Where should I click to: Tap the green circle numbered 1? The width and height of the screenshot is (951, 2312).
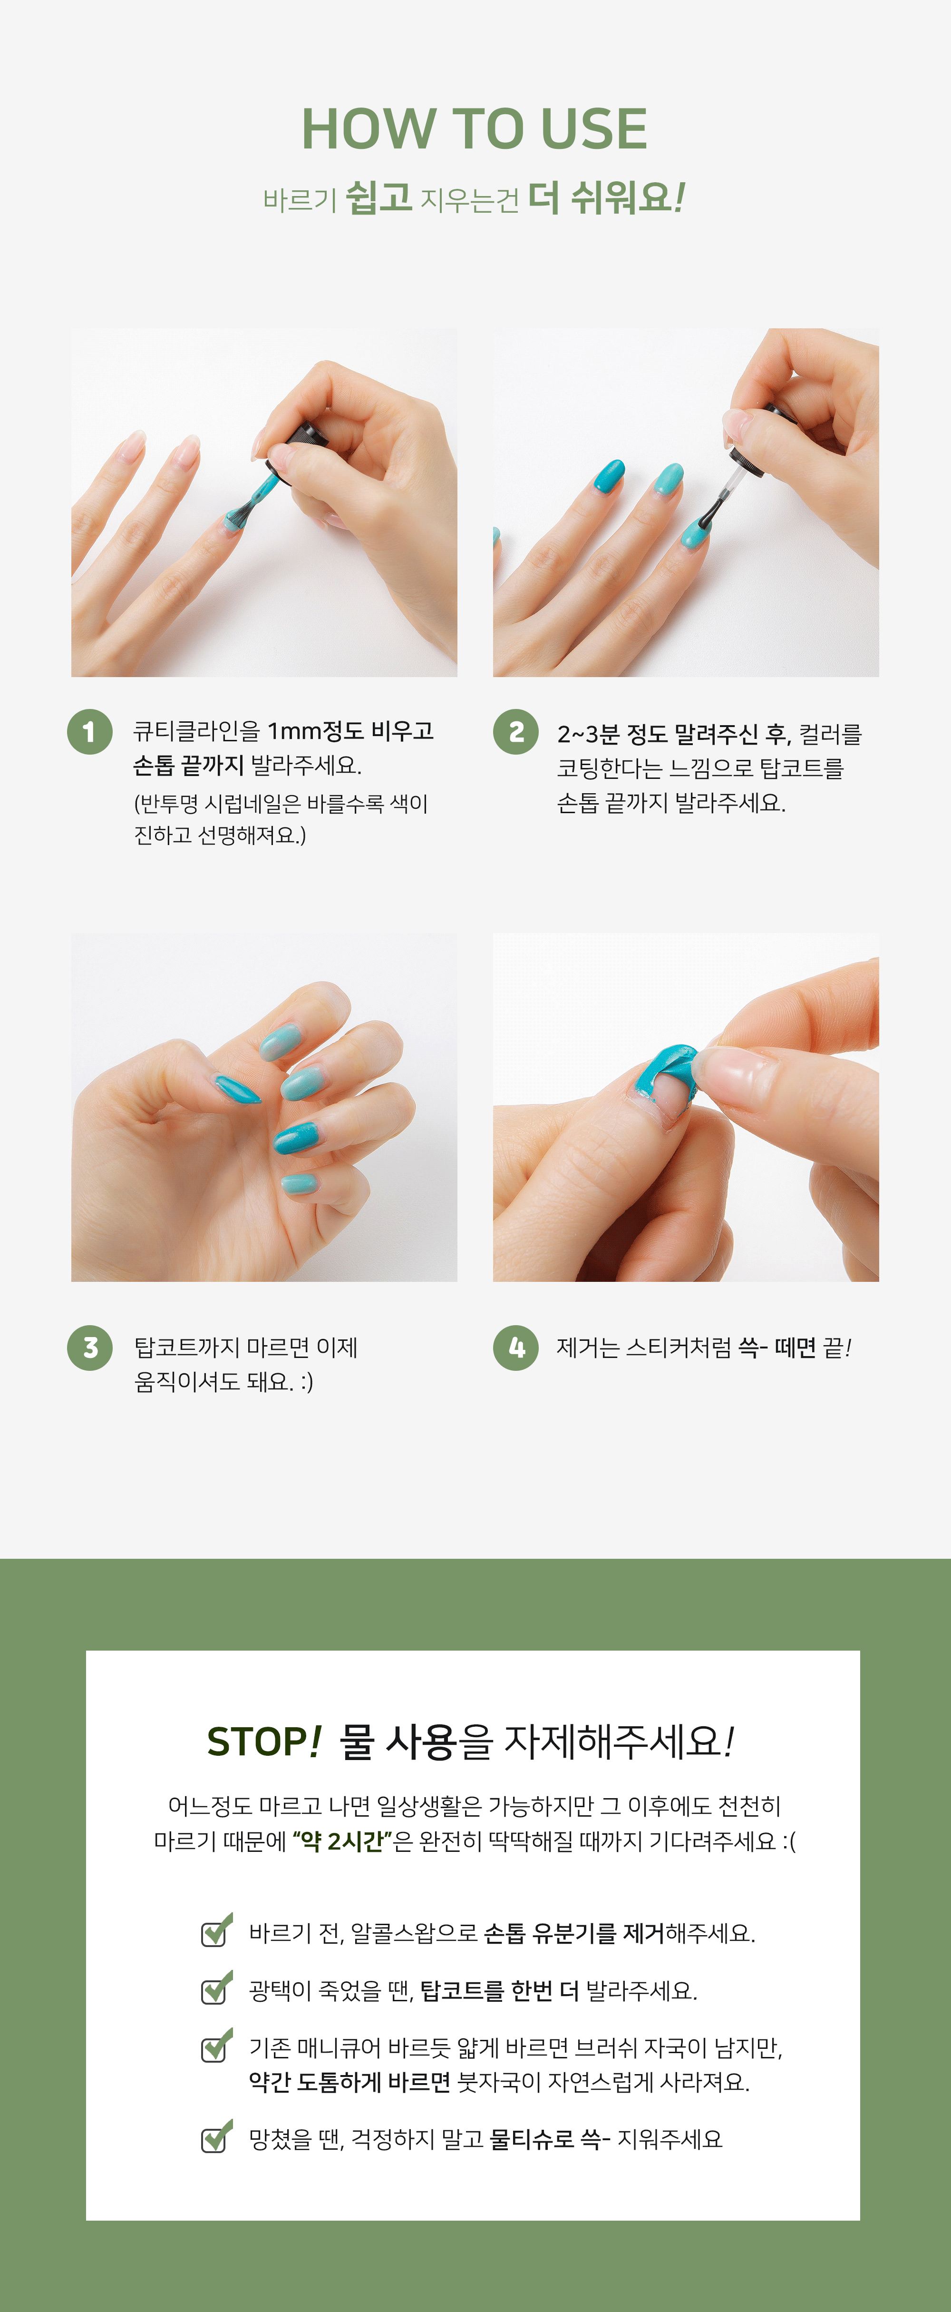pyautogui.click(x=90, y=731)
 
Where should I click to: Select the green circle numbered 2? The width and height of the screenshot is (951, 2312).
pyautogui.click(x=516, y=731)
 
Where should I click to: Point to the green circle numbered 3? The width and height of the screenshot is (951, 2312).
pyautogui.click(x=90, y=1347)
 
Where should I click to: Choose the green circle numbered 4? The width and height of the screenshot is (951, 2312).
pyautogui.click(x=516, y=1347)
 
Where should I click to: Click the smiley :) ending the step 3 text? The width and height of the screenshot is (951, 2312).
pyautogui.click(x=306, y=1382)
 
